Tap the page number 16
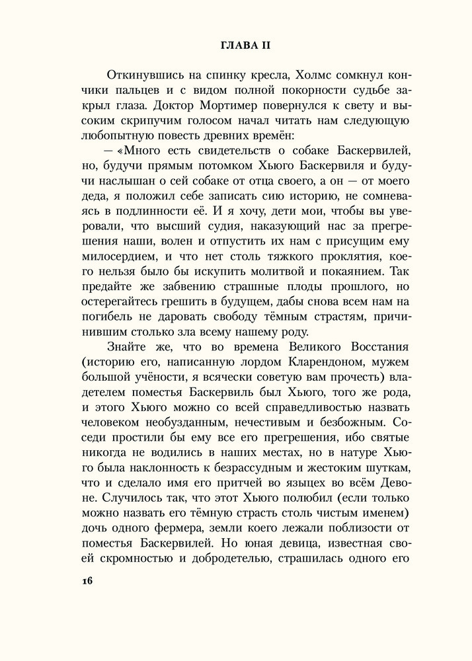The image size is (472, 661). pyautogui.click(x=86, y=582)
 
